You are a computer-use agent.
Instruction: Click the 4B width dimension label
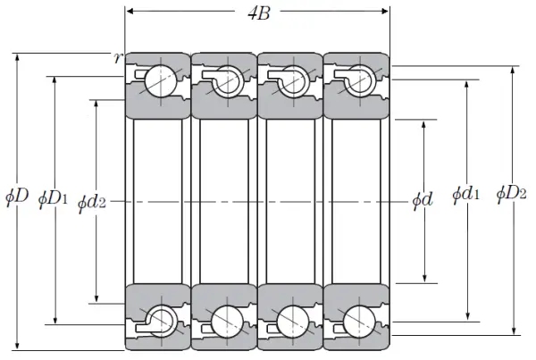tap(259, 13)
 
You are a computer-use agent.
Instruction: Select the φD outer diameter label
tap(17, 197)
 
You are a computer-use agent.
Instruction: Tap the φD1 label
tap(53, 198)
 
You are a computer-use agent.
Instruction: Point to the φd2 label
tap(92, 202)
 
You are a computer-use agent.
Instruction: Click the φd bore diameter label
tap(423, 199)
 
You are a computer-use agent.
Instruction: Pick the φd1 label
tap(465, 194)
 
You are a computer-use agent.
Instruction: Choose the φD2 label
tap(511, 194)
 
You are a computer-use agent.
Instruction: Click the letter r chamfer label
tap(118, 58)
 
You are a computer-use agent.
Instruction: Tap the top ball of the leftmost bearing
tap(161, 81)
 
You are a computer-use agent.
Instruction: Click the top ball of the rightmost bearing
tap(359, 81)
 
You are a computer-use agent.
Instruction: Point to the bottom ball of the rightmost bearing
tap(359, 322)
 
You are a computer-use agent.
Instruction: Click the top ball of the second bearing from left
tap(227, 81)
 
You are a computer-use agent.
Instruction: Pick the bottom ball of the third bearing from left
tap(293, 322)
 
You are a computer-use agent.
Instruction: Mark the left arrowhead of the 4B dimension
tap(130, 12)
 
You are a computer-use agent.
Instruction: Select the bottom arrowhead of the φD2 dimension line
tap(514, 331)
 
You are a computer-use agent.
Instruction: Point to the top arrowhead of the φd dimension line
tap(423, 125)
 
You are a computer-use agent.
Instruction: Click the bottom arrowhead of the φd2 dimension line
tap(96, 298)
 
